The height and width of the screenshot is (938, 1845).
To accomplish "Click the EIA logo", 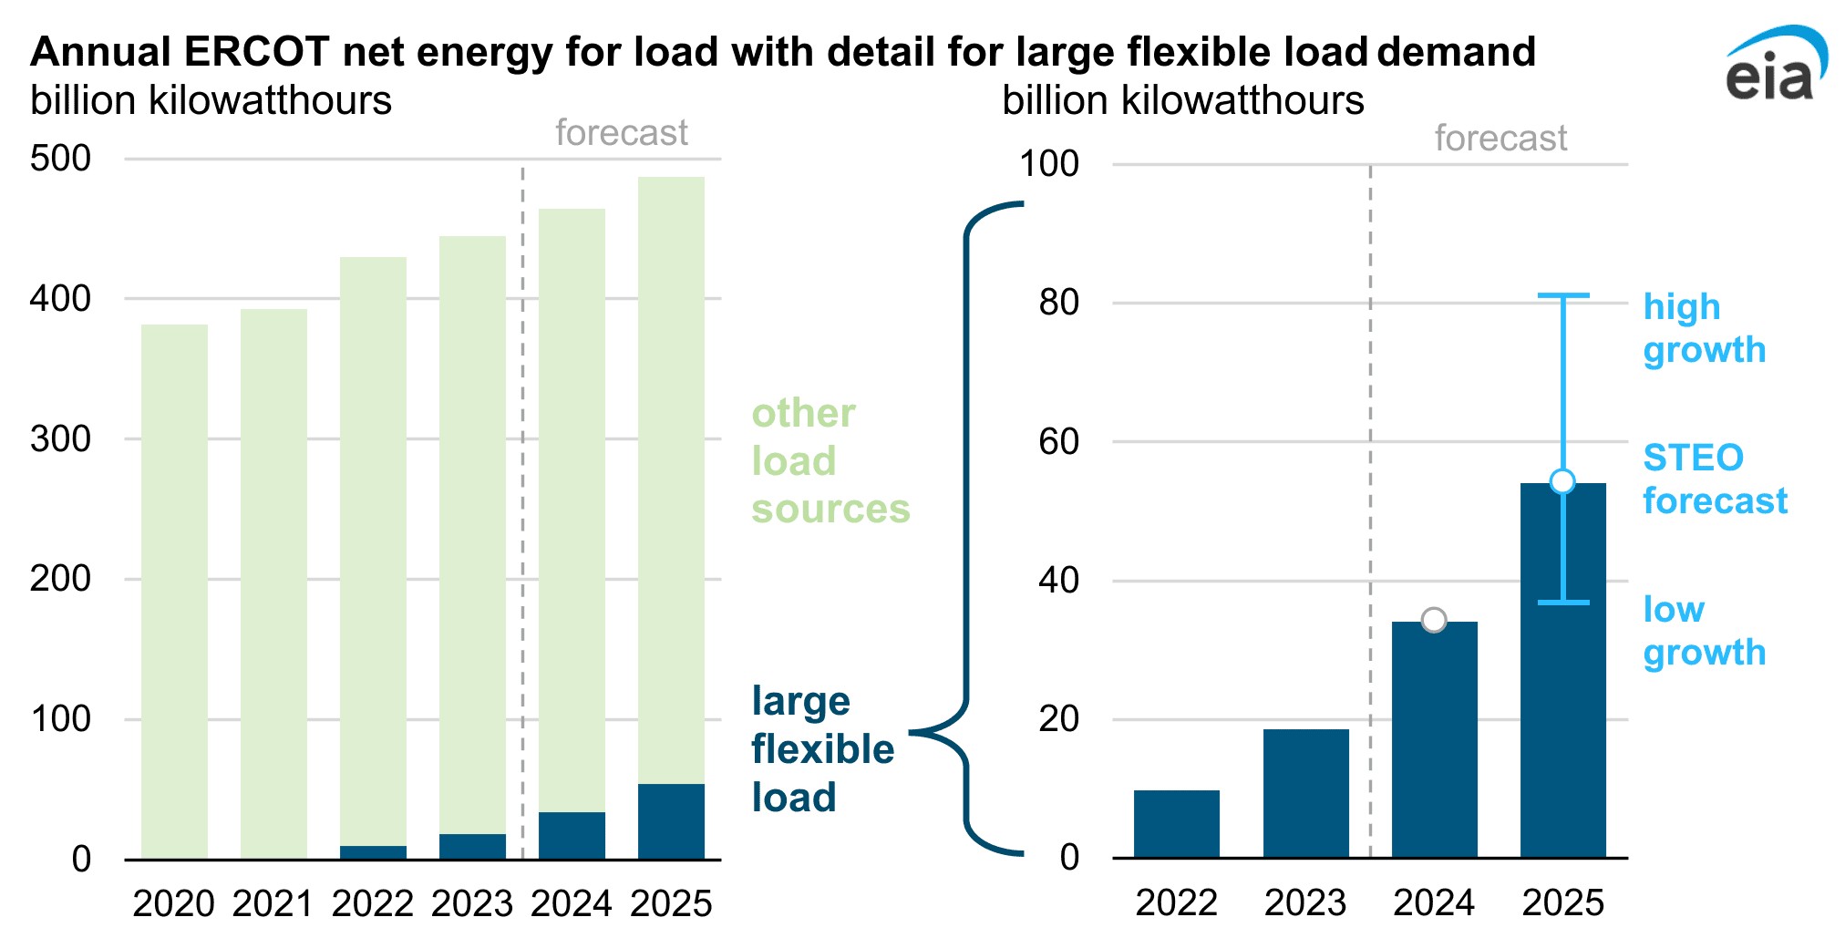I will (1773, 66).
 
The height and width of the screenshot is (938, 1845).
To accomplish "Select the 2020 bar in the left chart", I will (174, 593).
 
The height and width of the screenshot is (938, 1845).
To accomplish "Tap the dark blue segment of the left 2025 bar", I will (671, 821).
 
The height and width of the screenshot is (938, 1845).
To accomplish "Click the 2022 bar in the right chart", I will (1176, 824).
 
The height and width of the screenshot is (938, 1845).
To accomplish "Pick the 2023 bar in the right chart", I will (1305, 793).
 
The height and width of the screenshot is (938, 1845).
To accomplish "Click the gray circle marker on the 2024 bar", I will (1434, 620).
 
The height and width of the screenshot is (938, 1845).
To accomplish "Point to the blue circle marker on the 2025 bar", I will (1562, 481).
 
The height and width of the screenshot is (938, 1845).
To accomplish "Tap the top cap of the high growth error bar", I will (1563, 295).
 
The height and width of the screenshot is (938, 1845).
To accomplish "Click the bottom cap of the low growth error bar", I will (1563, 603).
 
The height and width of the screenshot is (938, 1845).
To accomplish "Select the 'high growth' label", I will (1704, 328).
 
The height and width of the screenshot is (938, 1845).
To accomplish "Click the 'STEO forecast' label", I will (1714, 479).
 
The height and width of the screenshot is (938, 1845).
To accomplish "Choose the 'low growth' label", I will (1704, 631).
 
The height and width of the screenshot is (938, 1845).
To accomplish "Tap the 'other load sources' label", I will (830, 460).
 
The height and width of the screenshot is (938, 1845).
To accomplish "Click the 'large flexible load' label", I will (821, 749).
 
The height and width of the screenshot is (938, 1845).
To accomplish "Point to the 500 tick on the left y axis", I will (60, 159).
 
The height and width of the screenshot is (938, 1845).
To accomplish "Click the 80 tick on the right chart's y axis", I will (1058, 303).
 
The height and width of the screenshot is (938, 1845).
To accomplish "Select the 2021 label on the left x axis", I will (273, 903).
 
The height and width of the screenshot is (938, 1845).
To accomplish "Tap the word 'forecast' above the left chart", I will (621, 133).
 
